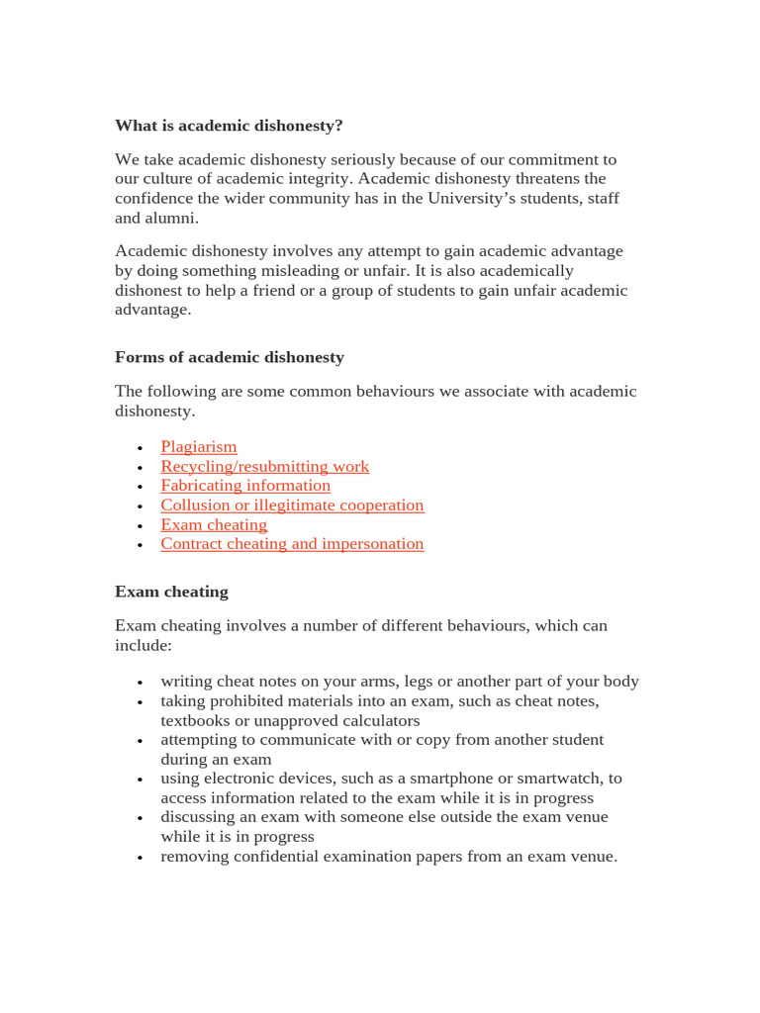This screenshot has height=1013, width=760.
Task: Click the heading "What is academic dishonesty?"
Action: (229, 126)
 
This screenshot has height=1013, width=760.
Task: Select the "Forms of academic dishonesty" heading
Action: (230, 357)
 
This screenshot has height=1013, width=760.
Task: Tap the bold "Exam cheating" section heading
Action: (171, 592)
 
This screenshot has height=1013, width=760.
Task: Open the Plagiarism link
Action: (199, 447)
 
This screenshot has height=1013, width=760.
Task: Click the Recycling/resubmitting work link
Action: (265, 466)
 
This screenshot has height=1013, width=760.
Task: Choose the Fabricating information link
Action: (245, 486)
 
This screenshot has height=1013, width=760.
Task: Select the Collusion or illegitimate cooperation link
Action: (292, 506)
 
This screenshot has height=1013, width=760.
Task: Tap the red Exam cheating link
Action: (214, 524)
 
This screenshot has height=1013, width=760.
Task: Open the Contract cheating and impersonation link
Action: (292, 544)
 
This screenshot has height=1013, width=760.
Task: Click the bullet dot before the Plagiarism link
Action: (141, 448)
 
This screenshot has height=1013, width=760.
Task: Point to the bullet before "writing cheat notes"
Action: (141, 683)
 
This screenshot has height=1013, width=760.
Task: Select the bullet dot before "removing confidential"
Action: (141, 858)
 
